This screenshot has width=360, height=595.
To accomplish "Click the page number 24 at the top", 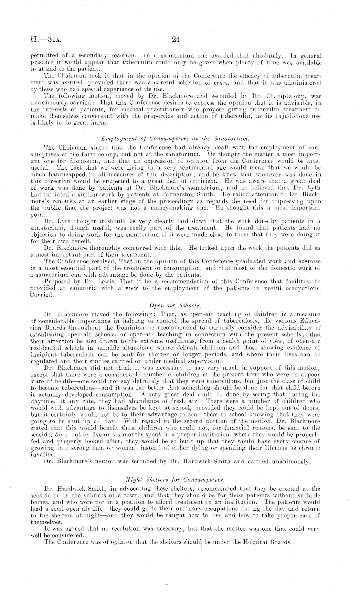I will (x=176, y=40).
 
